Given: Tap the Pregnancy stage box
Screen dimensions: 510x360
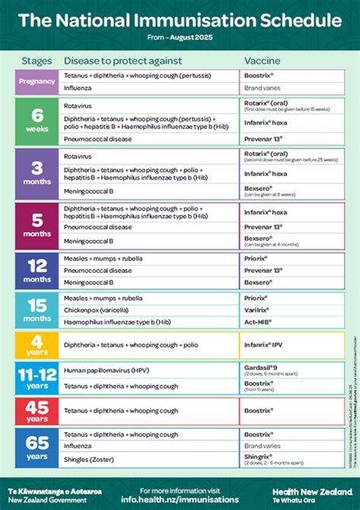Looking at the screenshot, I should [x=37, y=81].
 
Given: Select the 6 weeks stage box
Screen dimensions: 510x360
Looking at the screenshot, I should [x=37, y=120].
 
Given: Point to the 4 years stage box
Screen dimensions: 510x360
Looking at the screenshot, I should [x=37, y=346].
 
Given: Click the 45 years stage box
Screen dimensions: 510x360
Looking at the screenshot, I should [x=37, y=411].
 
